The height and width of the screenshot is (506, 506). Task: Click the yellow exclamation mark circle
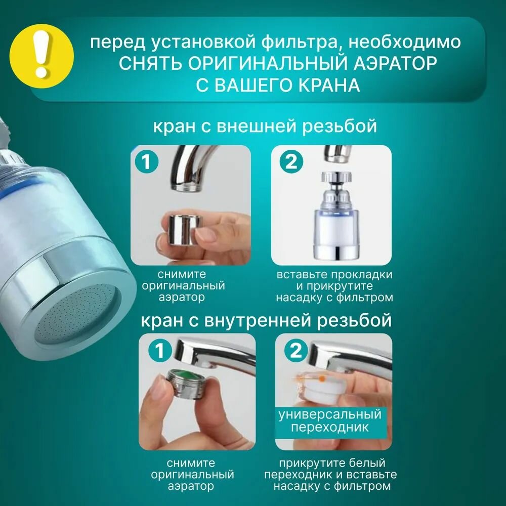tap(41, 56)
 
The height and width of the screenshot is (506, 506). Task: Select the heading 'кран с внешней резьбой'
tap(265, 126)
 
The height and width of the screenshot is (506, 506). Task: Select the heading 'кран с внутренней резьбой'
tap(266, 321)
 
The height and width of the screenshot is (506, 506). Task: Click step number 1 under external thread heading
tap(147, 162)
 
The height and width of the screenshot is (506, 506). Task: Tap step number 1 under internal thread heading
tap(160, 351)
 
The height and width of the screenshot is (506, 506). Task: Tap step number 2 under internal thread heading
tap(296, 351)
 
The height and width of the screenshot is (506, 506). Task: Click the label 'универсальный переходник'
tap(330, 421)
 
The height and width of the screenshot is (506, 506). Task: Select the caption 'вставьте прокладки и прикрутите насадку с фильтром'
tap(334, 286)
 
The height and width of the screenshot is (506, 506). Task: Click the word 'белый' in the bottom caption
tap(368, 463)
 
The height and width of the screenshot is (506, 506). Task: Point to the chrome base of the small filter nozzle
tap(334, 251)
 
